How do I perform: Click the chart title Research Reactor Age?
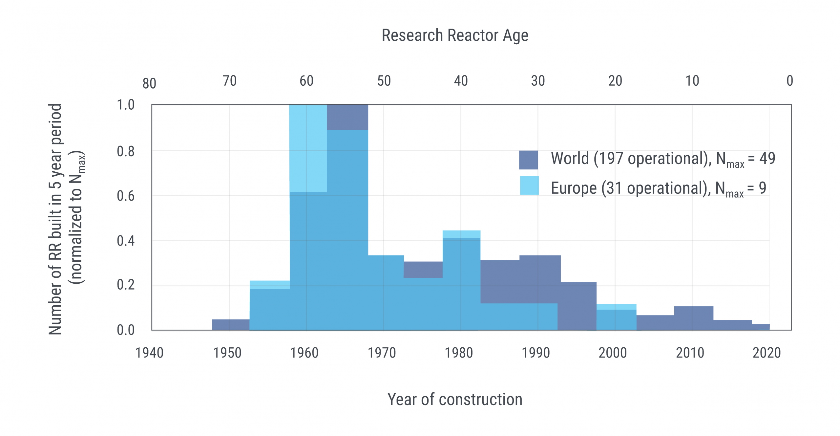[455, 35]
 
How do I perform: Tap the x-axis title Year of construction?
[455, 400]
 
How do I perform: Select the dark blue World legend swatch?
[528, 160]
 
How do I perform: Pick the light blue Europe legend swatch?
[529, 185]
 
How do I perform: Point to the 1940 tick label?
[149, 353]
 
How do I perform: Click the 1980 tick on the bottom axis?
[459, 353]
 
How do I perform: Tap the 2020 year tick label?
[766, 353]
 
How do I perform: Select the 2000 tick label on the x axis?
[613, 353]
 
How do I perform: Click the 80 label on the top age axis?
[149, 84]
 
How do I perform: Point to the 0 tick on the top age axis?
[789, 81]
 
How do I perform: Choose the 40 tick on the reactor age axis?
[461, 81]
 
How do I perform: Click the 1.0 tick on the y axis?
[126, 105]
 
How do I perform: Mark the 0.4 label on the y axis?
[126, 241]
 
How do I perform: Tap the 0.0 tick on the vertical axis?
[126, 330]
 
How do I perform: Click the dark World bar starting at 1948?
[231, 325]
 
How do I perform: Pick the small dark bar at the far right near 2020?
[761, 327]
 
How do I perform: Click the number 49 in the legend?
[767, 158]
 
